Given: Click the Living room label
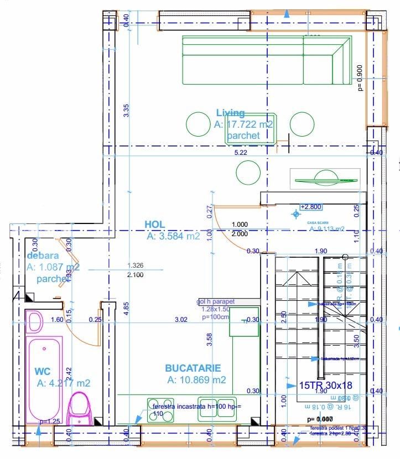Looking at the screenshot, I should [x=230, y=113].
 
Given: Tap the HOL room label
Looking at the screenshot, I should [x=155, y=224].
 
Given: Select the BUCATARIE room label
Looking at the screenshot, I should [x=193, y=368].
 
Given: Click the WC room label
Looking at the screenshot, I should [x=43, y=371].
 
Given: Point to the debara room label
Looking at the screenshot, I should [x=43, y=256].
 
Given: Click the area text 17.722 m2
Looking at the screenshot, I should [x=244, y=124].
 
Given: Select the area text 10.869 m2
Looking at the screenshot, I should [x=196, y=380].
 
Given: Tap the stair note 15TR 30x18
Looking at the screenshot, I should [x=326, y=385].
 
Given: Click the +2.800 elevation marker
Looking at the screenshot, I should [x=310, y=207].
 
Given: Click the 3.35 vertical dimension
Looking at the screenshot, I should [x=126, y=110].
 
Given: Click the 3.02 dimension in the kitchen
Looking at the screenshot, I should [x=181, y=320].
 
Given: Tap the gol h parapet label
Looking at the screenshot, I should [x=216, y=302].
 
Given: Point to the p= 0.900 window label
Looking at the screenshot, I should [x=360, y=77].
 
